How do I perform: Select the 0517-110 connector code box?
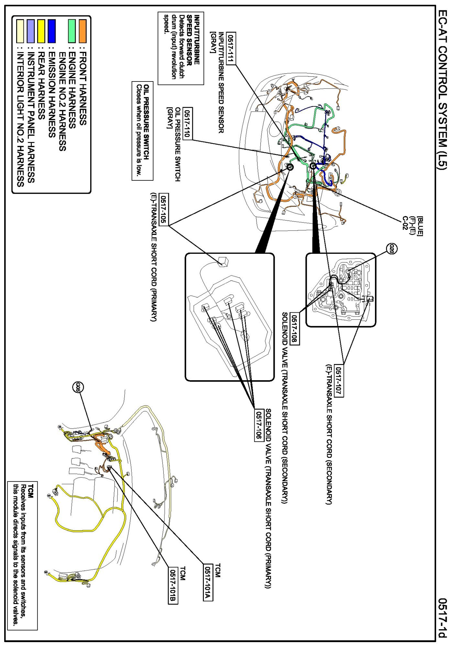pyautogui.click(x=187, y=123)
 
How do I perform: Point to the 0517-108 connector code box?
pyautogui.click(x=295, y=329)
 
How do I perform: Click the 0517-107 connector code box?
pyautogui.click(x=339, y=381)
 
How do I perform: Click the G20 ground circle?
pyautogui.click(x=391, y=248)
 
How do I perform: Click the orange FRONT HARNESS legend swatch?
pyautogui.click(x=83, y=31)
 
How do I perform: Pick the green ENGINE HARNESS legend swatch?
pyautogui.click(x=72, y=31)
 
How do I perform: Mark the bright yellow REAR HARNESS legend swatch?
pyautogui.click(x=41, y=31)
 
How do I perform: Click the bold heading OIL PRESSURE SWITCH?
pyautogui.click(x=146, y=122)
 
